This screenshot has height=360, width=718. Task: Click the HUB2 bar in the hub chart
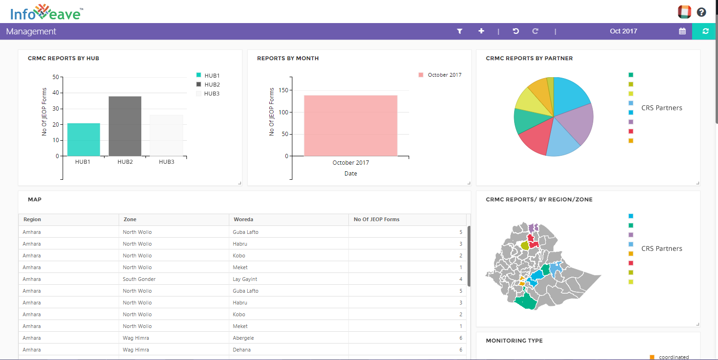coord(125,126)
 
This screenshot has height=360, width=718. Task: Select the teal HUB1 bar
coord(83,139)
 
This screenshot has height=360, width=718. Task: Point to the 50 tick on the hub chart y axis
coord(56,77)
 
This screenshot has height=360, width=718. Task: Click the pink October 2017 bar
coord(350,126)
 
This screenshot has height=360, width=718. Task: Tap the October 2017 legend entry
coord(440,75)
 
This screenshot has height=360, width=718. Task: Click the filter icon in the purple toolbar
coord(460,31)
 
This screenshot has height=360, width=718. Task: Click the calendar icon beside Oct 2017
coord(682,31)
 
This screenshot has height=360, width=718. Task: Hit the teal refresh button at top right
coord(705,31)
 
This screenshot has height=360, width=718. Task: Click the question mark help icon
coord(702,12)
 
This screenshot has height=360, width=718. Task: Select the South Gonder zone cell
coord(139,279)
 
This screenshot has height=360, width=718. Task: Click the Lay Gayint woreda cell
coord(245,279)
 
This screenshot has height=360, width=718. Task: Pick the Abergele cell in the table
coord(243,338)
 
